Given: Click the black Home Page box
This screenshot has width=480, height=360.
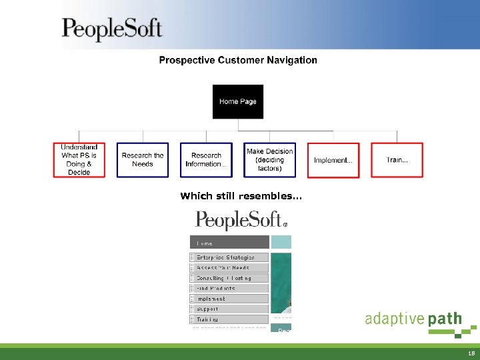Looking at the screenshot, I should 238,101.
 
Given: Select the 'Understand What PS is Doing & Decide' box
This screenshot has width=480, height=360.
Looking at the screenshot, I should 79,160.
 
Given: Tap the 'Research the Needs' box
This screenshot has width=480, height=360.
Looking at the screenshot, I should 143,160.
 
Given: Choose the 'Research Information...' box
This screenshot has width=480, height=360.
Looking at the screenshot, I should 206,160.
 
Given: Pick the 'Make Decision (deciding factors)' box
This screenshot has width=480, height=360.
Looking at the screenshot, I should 269,160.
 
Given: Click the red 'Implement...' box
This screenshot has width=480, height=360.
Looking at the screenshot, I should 333,160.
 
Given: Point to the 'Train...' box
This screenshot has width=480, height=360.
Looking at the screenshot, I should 397,160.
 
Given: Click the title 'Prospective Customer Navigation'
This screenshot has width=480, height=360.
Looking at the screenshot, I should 238,60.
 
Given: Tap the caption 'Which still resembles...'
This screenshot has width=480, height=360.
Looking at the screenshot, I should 241,196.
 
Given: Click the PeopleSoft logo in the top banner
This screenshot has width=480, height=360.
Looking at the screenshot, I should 112,29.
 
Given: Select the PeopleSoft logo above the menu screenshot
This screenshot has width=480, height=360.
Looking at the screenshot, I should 241,220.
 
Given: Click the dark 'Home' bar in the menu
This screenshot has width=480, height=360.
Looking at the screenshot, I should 229,243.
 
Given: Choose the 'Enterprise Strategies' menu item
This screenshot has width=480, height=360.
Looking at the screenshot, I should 229,257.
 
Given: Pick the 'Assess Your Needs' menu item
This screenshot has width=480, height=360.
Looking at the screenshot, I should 229,267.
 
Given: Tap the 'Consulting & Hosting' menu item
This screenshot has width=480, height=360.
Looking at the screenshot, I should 229,278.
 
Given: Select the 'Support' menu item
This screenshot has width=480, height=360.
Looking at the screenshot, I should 229,309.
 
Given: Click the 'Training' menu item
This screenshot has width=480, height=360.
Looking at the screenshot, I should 229,319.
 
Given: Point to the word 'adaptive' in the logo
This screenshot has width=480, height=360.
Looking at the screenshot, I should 394,319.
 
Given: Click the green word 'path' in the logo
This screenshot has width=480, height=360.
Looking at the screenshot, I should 445,319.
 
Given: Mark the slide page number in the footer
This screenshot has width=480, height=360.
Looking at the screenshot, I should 471,354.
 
